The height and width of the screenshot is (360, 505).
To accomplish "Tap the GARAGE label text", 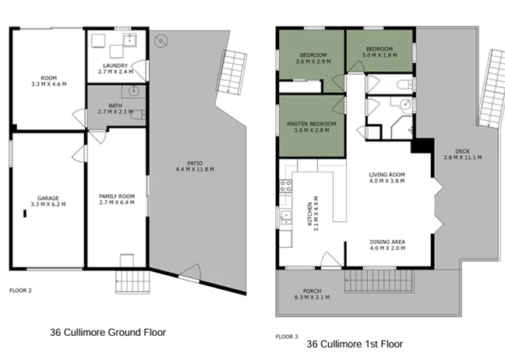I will (x=48, y=198).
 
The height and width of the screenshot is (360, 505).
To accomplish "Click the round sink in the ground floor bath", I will (x=135, y=92).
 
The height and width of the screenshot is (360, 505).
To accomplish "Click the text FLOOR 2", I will (x=21, y=290).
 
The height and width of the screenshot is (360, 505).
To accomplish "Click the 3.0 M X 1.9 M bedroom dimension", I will (x=380, y=55).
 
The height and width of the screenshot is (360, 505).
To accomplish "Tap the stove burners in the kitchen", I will (x=285, y=186).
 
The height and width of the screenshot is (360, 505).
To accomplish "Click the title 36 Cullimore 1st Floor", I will (x=355, y=343).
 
